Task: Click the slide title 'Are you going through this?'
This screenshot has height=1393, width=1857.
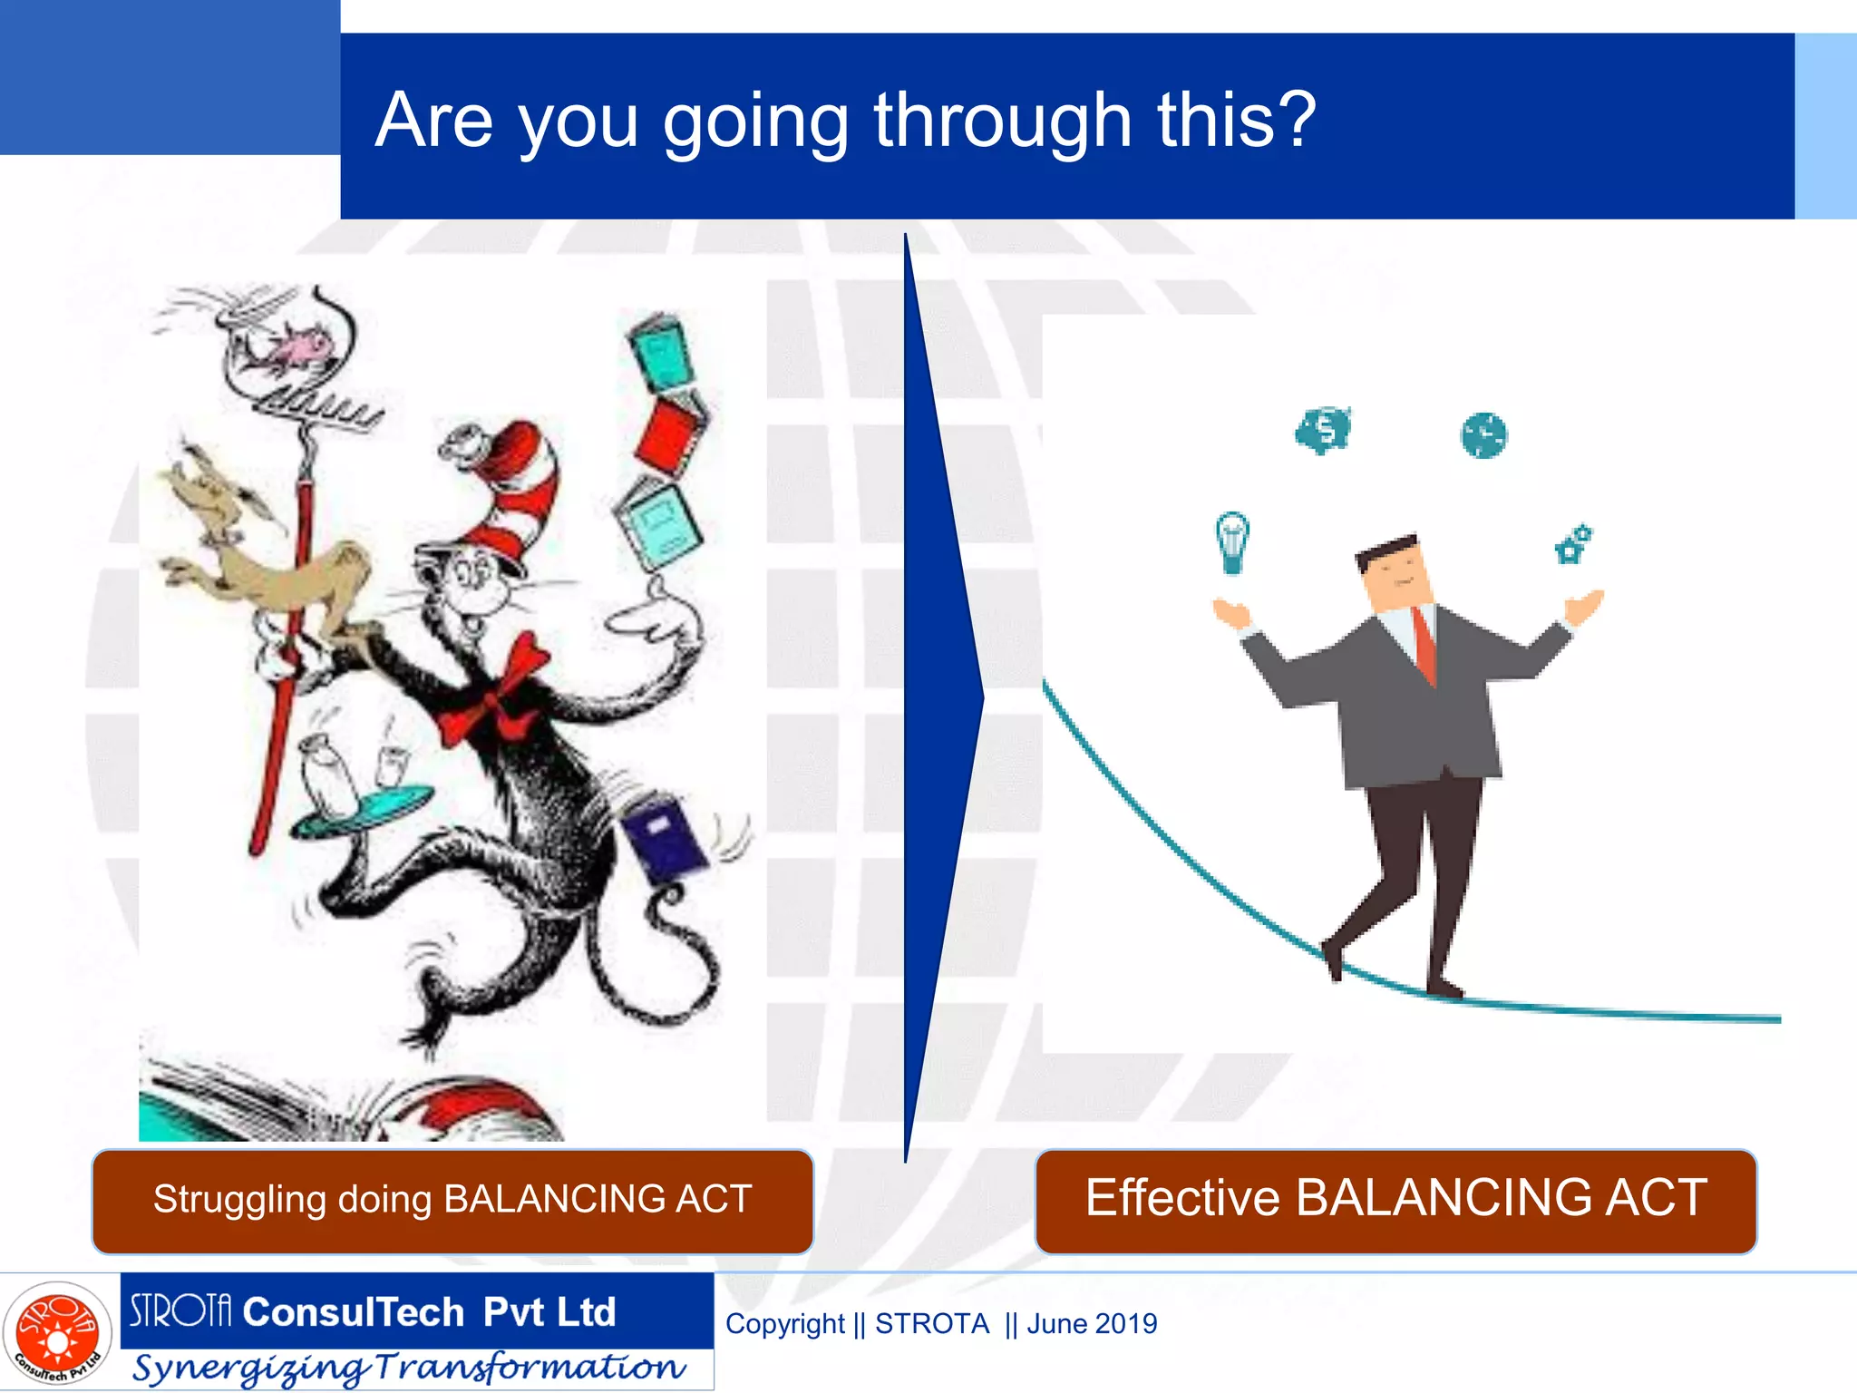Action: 845,122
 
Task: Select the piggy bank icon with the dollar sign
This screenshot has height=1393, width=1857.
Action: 1323,429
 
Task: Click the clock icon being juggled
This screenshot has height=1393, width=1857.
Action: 1483,435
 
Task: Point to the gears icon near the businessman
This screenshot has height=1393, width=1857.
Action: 1573,543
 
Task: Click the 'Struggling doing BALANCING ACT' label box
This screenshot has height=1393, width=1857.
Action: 452,1200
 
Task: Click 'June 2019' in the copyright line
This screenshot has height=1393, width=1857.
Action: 1092,1324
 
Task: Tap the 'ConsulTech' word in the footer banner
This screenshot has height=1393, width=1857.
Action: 354,1312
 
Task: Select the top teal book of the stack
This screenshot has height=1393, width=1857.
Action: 661,350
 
